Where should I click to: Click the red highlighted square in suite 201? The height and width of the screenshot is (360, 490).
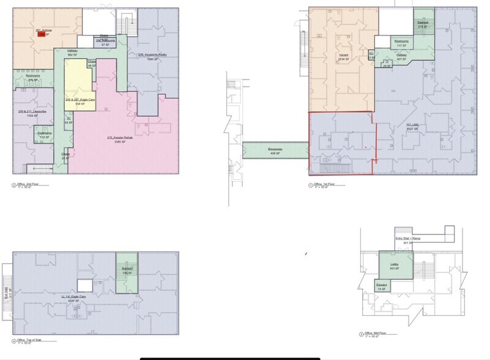coord(41,34)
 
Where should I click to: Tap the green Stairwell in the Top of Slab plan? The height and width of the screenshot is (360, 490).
coord(128,267)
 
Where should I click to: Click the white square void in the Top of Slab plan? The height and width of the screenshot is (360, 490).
coord(84,284)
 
